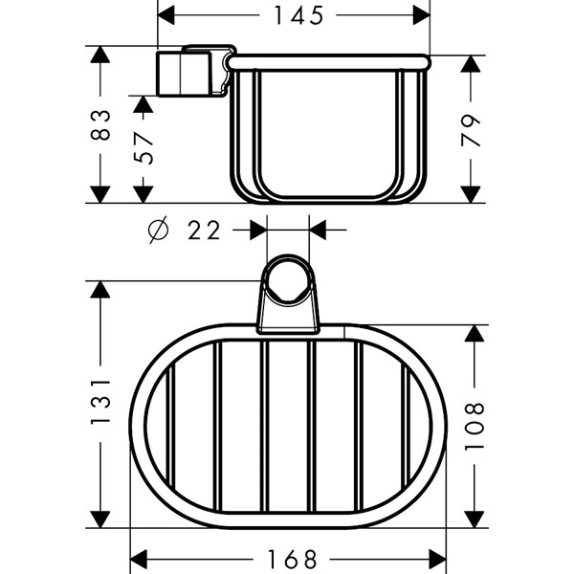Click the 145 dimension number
[299, 15]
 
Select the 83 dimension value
[100, 124]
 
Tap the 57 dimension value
[143, 148]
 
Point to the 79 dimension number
[471, 131]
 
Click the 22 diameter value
[204, 231]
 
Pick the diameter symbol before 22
[158, 230]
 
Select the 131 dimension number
[100, 402]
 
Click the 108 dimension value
[475, 427]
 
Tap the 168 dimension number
[292, 560]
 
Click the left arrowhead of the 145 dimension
[166, 15]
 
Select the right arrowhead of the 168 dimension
[437, 560]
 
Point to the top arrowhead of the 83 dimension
[100, 55]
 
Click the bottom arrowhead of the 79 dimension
[471, 194]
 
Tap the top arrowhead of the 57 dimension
[143, 104]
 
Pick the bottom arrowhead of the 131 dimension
[100, 519]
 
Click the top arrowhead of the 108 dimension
[475, 334]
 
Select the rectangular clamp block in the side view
[184, 74]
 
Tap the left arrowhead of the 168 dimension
[139, 560]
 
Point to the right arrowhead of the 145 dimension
[421, 15]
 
